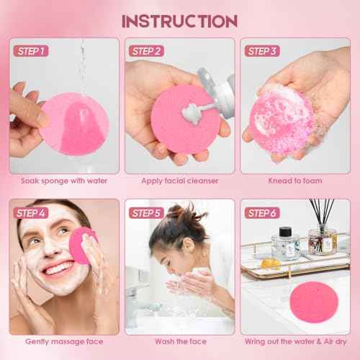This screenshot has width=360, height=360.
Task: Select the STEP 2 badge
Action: pos(147,51)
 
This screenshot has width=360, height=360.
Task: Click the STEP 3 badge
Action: pos(262,51)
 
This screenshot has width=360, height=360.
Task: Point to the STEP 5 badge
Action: pos(147,213)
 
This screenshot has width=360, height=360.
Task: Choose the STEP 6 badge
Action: pos(262,213)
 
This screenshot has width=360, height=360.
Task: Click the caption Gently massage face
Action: pos(64,341)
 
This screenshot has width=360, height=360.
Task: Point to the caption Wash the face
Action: pos(179,341)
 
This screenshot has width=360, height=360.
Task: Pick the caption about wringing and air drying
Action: pos(294,341)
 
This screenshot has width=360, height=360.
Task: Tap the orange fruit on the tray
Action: pos(270,264)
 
